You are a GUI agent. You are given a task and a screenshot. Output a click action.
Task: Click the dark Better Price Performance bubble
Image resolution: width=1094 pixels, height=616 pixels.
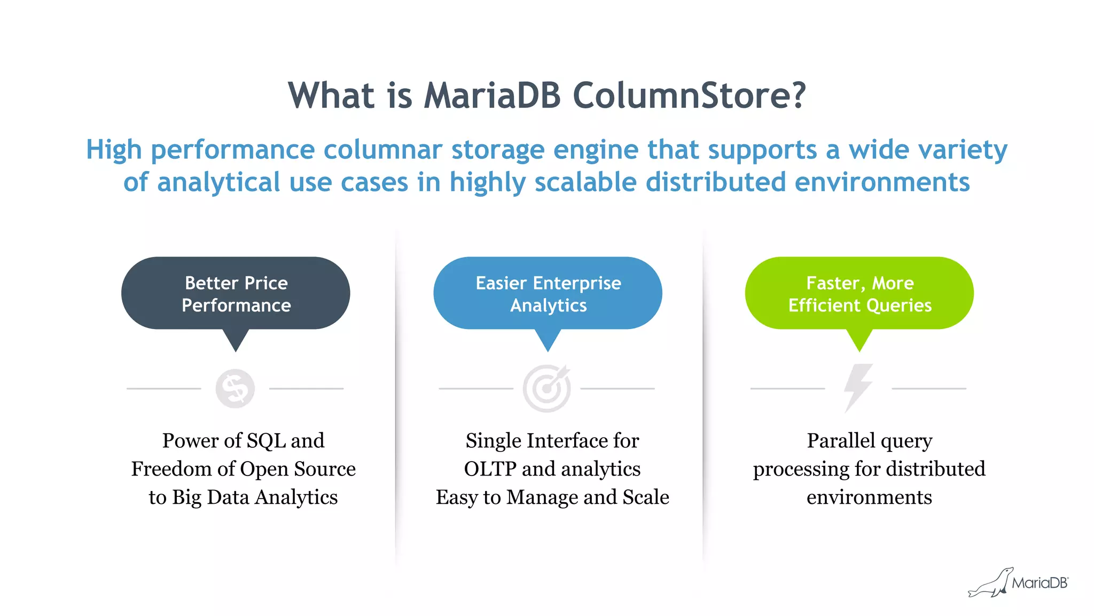[236, 293]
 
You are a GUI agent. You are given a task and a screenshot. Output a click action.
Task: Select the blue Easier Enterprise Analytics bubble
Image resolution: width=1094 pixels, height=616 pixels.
[548, 293]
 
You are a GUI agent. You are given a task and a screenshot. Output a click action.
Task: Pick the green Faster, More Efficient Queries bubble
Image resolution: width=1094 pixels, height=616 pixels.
[859, 293]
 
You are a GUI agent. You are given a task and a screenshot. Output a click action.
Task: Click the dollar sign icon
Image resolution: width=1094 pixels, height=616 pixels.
[235, 388]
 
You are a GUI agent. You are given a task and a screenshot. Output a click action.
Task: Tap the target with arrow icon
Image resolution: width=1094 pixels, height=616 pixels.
[546, 388]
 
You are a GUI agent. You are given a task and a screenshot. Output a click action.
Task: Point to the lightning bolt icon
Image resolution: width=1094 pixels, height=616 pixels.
[858, 388]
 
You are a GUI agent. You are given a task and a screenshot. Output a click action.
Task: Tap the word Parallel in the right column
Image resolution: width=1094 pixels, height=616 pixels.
[840, 441]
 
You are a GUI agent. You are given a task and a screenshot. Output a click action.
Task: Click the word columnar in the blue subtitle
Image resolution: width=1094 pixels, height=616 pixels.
[382, 150]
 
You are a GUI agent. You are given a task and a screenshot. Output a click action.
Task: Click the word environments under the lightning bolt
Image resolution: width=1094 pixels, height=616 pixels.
[869, 497]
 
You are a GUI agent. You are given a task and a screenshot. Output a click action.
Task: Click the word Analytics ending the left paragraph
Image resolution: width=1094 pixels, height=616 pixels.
[296, 497]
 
